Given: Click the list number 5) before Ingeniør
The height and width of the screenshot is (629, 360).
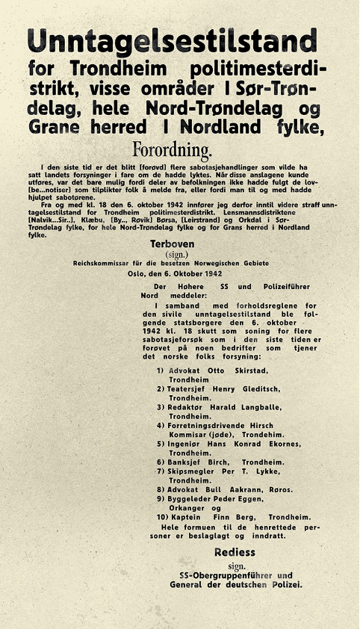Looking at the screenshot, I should pos(161,444).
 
